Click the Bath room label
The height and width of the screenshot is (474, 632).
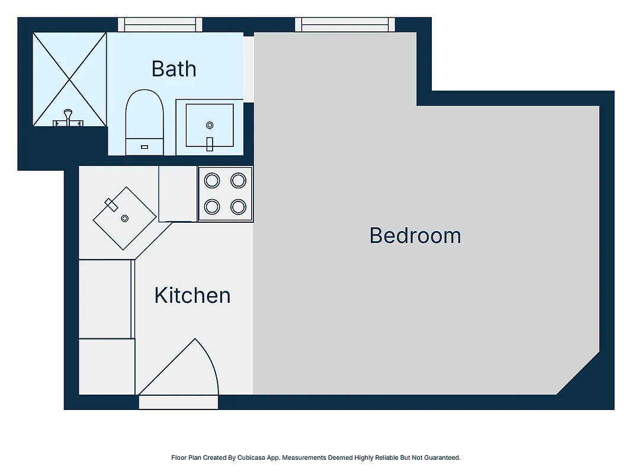click(174, 69)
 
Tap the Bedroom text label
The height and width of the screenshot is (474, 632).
click(415, 236)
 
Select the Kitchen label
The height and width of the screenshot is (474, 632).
click(193, 295)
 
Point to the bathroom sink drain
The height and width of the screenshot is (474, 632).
click(209, 125)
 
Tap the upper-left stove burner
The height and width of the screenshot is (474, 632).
click(212, 180)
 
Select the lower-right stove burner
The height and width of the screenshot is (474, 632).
click(238, 207)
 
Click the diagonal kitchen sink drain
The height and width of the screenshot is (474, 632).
click(124, 219)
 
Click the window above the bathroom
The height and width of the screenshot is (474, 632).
click(160, 24)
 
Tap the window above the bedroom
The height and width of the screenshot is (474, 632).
click(345, 24)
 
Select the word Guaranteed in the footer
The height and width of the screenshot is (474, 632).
click(443, 457)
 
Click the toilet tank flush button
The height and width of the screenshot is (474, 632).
click(145, 146)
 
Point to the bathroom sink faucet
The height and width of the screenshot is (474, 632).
click(209, 143)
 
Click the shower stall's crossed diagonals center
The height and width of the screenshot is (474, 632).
click(69, 79)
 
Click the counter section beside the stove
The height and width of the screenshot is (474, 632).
click(178, 194)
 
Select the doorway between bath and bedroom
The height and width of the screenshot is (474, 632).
click(249, 69)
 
